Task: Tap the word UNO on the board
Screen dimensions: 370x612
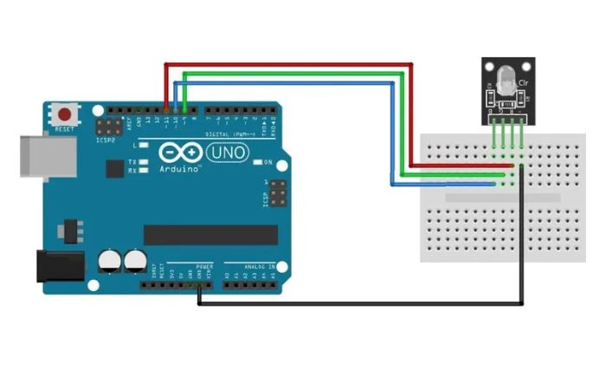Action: point(229,153)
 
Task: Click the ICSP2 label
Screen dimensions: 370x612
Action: point(106,139)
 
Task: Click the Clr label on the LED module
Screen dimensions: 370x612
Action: point(523,82)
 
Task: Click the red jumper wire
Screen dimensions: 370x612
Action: point(286,64)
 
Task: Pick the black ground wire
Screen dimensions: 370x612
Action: point(364,304)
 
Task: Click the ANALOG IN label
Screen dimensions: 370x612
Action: point(259,267)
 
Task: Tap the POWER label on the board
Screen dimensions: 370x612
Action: point(204,267)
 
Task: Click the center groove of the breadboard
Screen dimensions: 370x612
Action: point(493,198)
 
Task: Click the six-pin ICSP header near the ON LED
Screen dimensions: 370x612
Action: point(277,192)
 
